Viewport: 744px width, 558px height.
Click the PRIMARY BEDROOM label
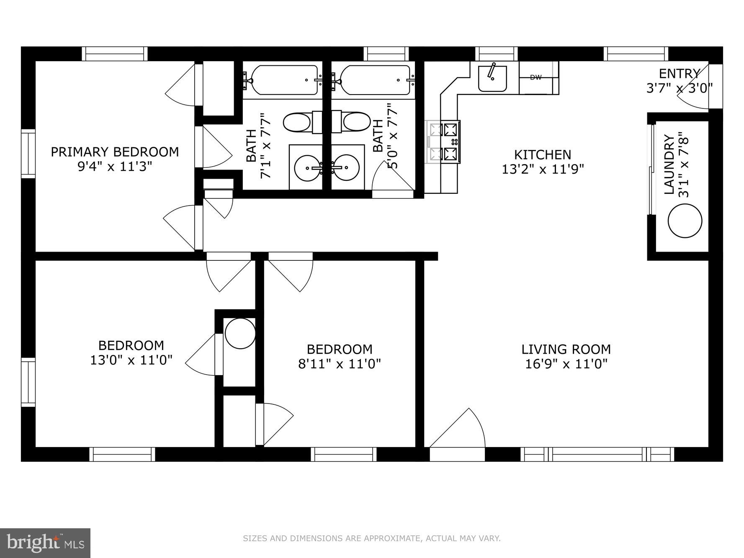pos(115,152)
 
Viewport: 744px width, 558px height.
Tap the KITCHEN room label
pos(542,155)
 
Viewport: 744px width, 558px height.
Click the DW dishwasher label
pos(535,77)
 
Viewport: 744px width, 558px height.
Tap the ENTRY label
pos(679,74)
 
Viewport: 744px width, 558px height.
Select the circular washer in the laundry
pos(685,221)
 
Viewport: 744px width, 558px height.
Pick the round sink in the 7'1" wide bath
pos(307,168)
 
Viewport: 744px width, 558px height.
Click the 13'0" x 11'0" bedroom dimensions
pos(131,360)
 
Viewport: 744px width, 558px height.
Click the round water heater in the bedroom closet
pos(240,333)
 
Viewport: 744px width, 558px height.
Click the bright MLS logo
pos(45,543)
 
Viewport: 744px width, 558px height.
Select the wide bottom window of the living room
pos(597,454)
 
